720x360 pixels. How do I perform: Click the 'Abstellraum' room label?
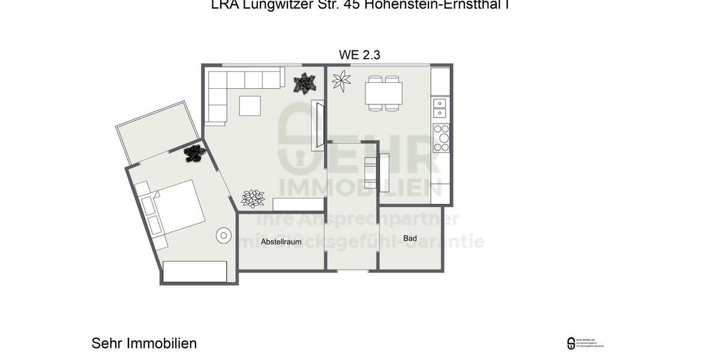(281, 242)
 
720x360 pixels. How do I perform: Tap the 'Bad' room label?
(410, 238)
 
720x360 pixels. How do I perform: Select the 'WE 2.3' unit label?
(359, 55)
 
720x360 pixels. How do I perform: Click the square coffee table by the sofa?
(250, 106)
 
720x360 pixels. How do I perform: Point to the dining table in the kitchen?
(384, 93)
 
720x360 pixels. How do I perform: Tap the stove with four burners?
(441, 137)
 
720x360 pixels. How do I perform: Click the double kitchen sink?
(440, 107)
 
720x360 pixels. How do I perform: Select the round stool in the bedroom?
(224, 235)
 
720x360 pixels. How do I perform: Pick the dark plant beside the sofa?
(305, 83)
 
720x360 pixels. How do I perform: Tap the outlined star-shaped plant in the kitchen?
(341, 81)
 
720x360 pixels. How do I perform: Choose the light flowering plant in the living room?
(253, 198)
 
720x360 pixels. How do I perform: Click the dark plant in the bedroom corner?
(194, 154)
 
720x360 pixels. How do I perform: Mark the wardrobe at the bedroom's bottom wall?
(195, 271)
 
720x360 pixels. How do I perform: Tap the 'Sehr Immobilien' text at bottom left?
(144, 343)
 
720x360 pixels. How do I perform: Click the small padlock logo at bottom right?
(571, 343)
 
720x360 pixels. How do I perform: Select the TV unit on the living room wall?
(317, 126)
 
